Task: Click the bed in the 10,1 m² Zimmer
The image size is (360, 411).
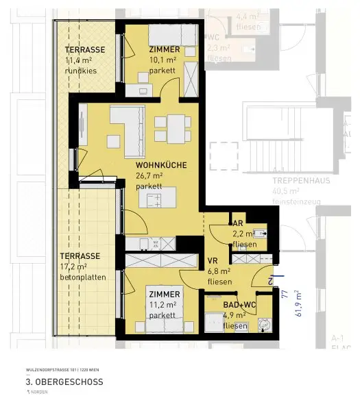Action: click(174, 34)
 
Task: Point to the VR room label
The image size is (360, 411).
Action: click(213, 261)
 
